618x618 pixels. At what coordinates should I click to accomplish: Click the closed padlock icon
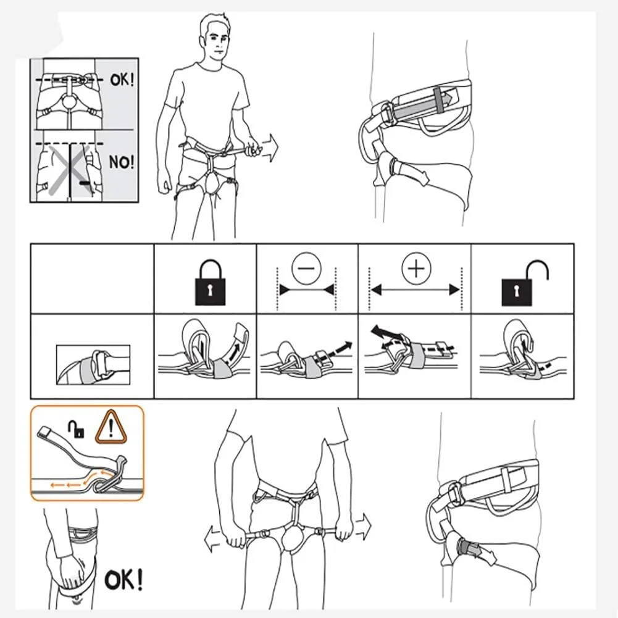(x=211, y=283)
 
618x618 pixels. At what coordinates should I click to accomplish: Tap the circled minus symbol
(x=306, y=268)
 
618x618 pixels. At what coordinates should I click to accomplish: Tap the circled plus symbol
(x=416, y=269)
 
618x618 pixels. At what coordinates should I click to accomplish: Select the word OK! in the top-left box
(x=122, y=80)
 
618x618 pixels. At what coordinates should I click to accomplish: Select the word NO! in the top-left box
(x=122, y=162)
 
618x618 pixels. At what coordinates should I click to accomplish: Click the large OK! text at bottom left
(x=123, y=579)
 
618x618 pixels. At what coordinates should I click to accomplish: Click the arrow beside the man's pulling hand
(x=269, y=148)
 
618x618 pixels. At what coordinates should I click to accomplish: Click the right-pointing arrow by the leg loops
(x=363, y=527)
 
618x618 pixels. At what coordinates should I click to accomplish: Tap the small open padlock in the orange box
(x=77, y=429)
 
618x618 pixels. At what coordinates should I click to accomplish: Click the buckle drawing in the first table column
(x=93, y=365)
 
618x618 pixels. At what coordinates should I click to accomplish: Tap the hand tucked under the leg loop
(x=71, y=569)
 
